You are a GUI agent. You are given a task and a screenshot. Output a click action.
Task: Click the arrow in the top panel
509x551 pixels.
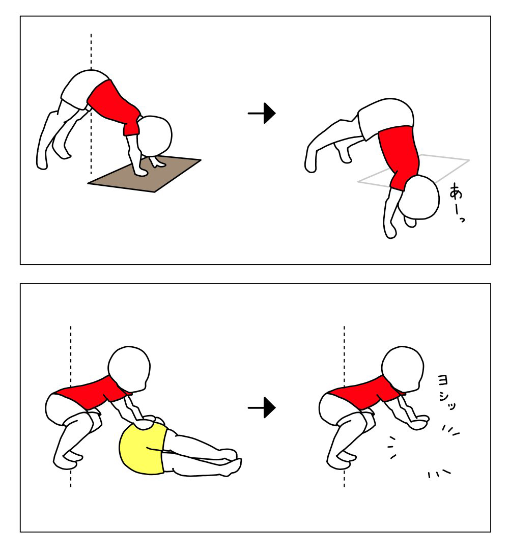(262, 113)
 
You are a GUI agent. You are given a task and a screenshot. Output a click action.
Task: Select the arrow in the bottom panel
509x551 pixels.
(262, 407)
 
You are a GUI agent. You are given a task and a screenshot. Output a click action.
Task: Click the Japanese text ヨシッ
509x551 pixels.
(446, 392)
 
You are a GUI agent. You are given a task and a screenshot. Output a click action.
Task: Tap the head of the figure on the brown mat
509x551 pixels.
(155, 135)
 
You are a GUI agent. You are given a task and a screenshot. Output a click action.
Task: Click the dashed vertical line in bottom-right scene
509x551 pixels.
(344, 406)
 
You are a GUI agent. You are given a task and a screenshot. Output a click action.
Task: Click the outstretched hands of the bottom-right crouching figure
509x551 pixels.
(418, 422)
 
